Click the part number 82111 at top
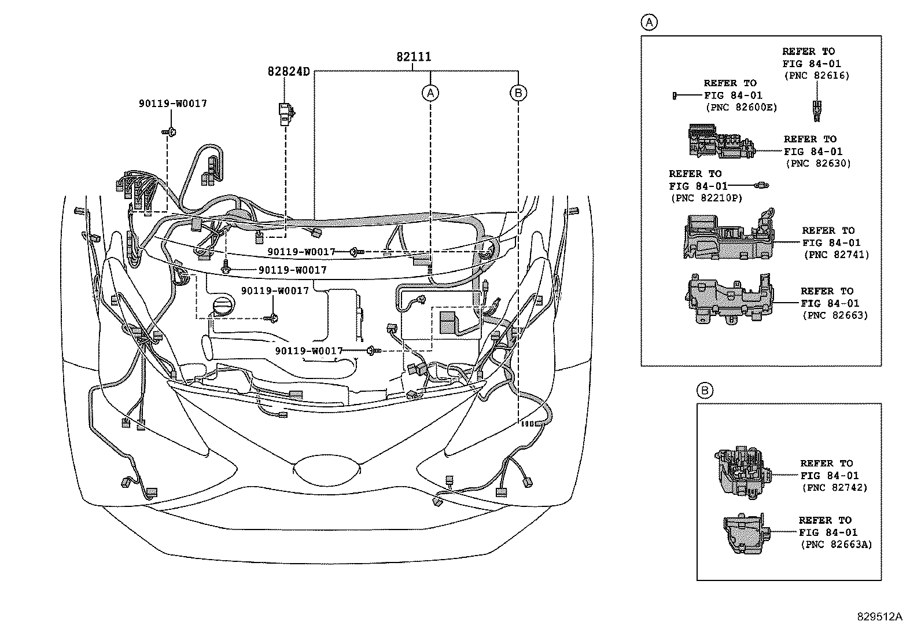coord(413,57)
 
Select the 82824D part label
coord(288,72)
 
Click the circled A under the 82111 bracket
coord(430,92)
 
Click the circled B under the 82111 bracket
coord(518,92)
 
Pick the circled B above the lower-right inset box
coord(705,391)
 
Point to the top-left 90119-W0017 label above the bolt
coord(172,104)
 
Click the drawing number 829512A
coord(879,617)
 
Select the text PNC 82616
coord(816,76)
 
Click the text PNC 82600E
coord(741,108)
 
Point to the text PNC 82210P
coord(705,198)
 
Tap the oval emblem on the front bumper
coord(327,469)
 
